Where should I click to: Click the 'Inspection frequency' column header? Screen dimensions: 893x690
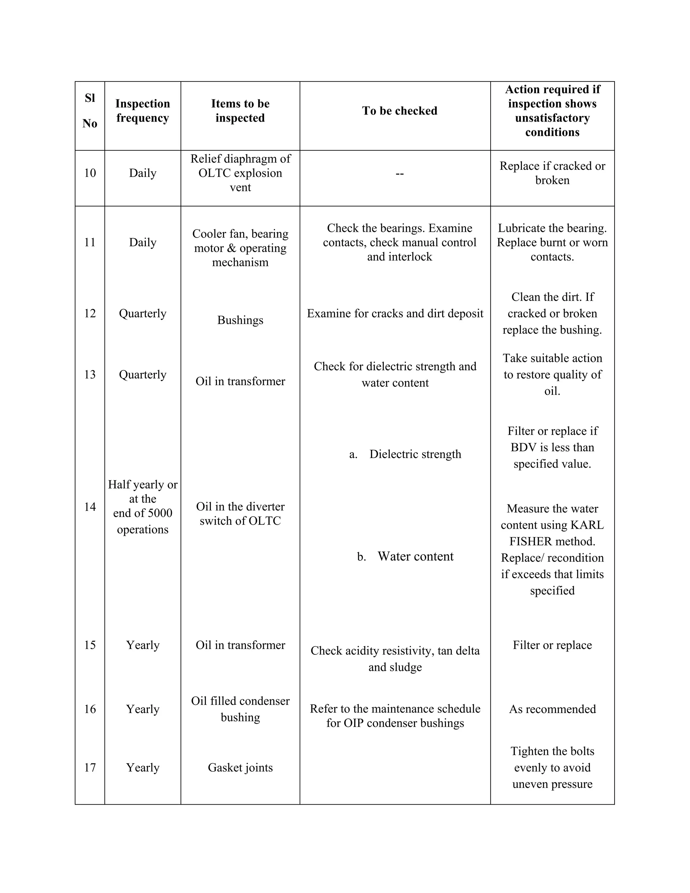point(142,111)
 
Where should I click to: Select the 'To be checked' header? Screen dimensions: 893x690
point(399,111)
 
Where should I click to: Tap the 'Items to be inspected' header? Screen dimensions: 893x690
point(240,111)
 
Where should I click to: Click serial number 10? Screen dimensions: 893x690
point(90,173)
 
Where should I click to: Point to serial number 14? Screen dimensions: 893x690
point(90,507)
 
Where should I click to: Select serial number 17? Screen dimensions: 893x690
point(90,767)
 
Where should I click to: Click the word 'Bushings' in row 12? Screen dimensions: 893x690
point(240,320)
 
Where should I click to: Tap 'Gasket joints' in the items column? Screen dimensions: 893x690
point(240,767)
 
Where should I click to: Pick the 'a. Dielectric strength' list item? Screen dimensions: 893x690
point(405,454)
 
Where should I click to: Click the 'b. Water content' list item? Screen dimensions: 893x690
point(405,556)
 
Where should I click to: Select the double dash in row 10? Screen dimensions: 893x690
point(399,174)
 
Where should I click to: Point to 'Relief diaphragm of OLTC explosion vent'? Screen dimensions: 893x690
point(240,173)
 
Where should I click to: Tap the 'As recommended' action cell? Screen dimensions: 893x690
point(552,709)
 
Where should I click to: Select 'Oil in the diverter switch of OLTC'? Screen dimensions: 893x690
point(240,514)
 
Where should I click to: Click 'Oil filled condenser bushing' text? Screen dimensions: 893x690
point(240,709)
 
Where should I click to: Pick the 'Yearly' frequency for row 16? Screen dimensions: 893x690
point(142,709)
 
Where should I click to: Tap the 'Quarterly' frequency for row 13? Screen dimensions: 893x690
point(142,374)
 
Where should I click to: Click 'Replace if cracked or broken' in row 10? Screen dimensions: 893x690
point(552,173)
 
